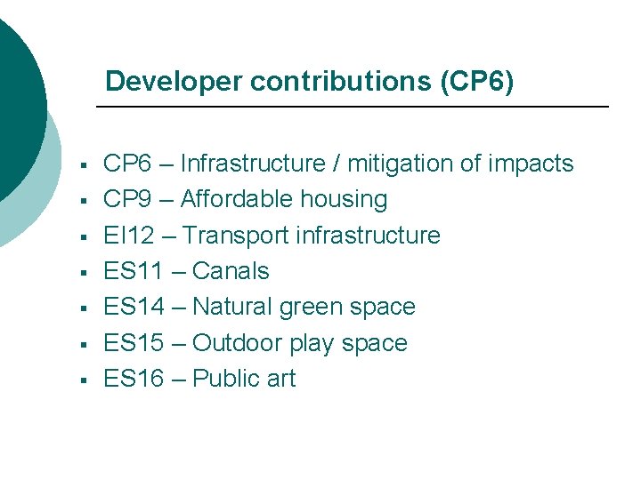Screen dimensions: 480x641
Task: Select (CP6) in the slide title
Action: click(x=477, y=82)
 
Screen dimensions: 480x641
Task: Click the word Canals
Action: click(x=231, y=271)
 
